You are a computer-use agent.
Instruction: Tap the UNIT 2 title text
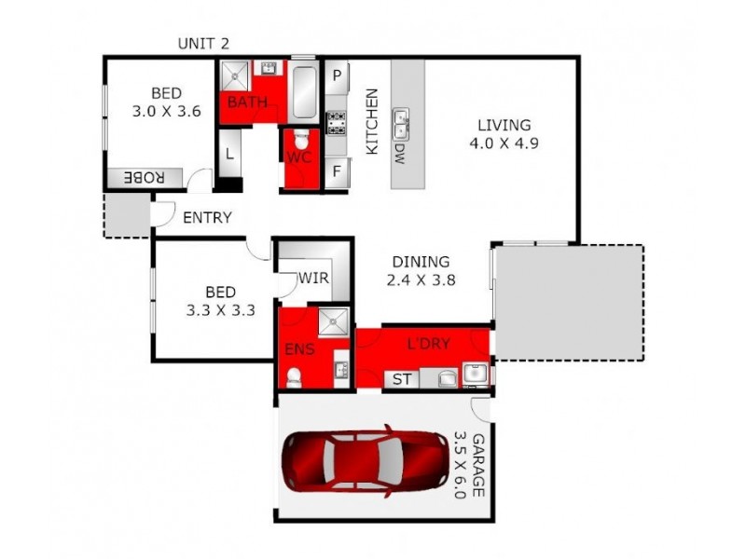[x=203, y=44]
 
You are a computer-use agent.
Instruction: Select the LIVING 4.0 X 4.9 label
[x=504, y=134]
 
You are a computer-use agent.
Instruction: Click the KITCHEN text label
[x=371, y=121]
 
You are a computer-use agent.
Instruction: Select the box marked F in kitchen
[x=336, y=172]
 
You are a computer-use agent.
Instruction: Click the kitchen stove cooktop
[x=335, y=124]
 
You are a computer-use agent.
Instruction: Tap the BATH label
[x=247, y=102]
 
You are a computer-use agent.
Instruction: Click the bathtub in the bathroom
[x=303, y=91]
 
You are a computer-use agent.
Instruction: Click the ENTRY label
[x=207, y=217]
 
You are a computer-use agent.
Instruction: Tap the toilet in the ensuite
[x=295, y=375]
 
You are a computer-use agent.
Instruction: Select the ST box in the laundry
[x=402, y=379]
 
